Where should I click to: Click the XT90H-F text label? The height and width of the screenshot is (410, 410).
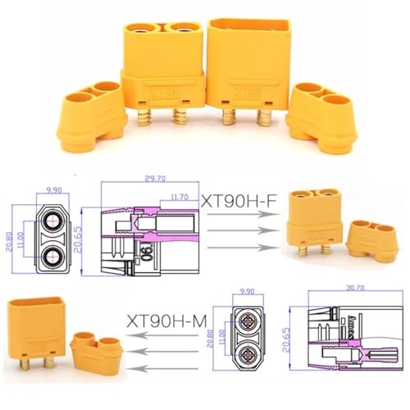(238, 199)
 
